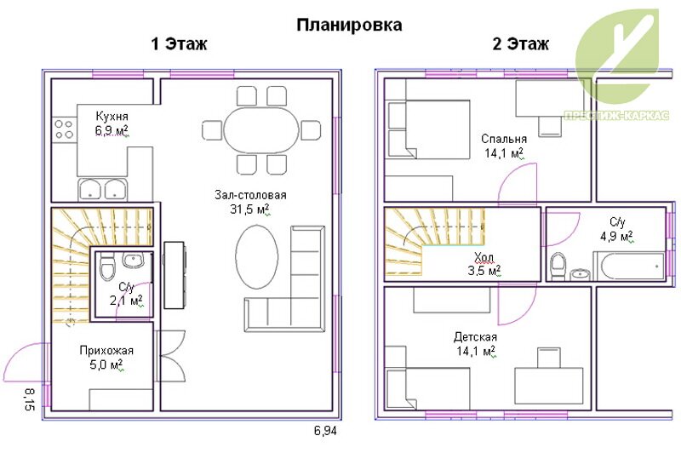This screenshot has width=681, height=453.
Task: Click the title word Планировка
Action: point(349,26)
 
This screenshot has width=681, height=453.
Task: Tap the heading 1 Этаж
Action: point(179,44)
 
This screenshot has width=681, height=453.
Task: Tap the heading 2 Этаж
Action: point(521,44)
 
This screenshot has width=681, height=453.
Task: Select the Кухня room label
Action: point(112,117)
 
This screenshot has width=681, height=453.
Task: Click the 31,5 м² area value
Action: point(250,209)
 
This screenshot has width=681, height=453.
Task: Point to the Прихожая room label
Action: point(106,351)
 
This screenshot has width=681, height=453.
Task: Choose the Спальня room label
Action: point(504,139)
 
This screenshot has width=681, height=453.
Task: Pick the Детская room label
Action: point(475,337)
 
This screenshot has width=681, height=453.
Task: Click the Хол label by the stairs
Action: point(484,258)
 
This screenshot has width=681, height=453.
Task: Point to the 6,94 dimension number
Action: point(325,431)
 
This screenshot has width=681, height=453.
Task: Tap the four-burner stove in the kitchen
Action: point(65,129)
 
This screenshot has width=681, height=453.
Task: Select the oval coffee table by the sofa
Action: point(257,256)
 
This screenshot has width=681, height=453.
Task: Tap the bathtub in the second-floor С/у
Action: point(629,266)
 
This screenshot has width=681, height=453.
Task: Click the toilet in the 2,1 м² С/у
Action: point(107,267)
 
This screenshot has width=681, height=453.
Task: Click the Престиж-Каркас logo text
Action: point(616,116)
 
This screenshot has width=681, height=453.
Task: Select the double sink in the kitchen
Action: point(102,190)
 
